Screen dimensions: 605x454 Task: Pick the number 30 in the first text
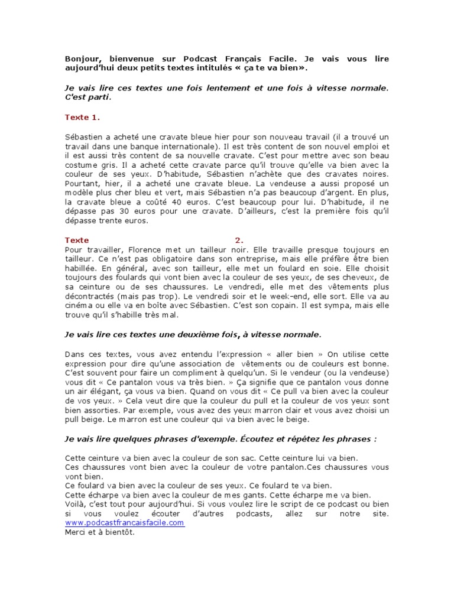124,212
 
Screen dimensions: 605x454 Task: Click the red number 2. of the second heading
239,240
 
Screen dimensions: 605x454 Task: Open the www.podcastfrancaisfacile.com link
125,523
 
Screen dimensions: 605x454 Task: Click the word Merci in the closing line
77,532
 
